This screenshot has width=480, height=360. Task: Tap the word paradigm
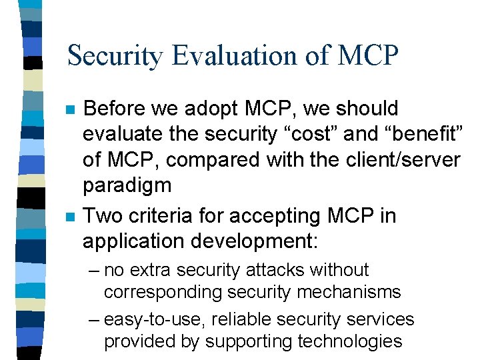(127, 185)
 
